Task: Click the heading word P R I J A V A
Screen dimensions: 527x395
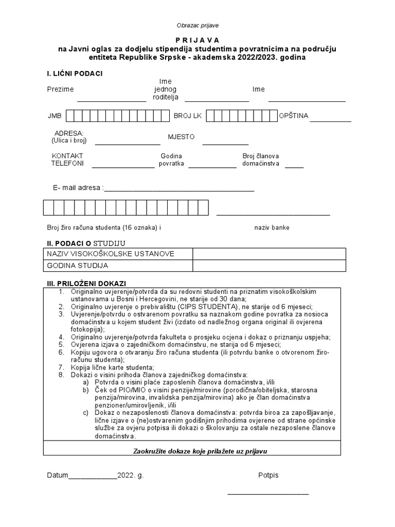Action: (x=197, y=40)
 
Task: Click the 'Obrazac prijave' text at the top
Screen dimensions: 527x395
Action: (x=197, y=25)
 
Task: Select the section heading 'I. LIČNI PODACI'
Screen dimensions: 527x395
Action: (x=75, y=74)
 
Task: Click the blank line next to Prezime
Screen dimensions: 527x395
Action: (x=112, y=100)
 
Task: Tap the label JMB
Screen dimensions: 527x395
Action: (x=55, y=116)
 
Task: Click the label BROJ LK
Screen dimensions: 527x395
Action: (x=188, y=116)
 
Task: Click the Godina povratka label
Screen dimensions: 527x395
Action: (x=172, y=160)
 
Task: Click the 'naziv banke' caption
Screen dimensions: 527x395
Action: (x=272, y=227)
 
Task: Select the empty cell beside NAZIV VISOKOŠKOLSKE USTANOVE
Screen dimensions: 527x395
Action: (x=269, y=254)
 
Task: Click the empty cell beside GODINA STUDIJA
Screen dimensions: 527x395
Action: (x=269, y=266)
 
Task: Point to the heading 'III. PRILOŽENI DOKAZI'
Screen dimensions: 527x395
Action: (x=86, y=284)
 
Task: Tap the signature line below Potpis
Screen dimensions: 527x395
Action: (x=268, y=494)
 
